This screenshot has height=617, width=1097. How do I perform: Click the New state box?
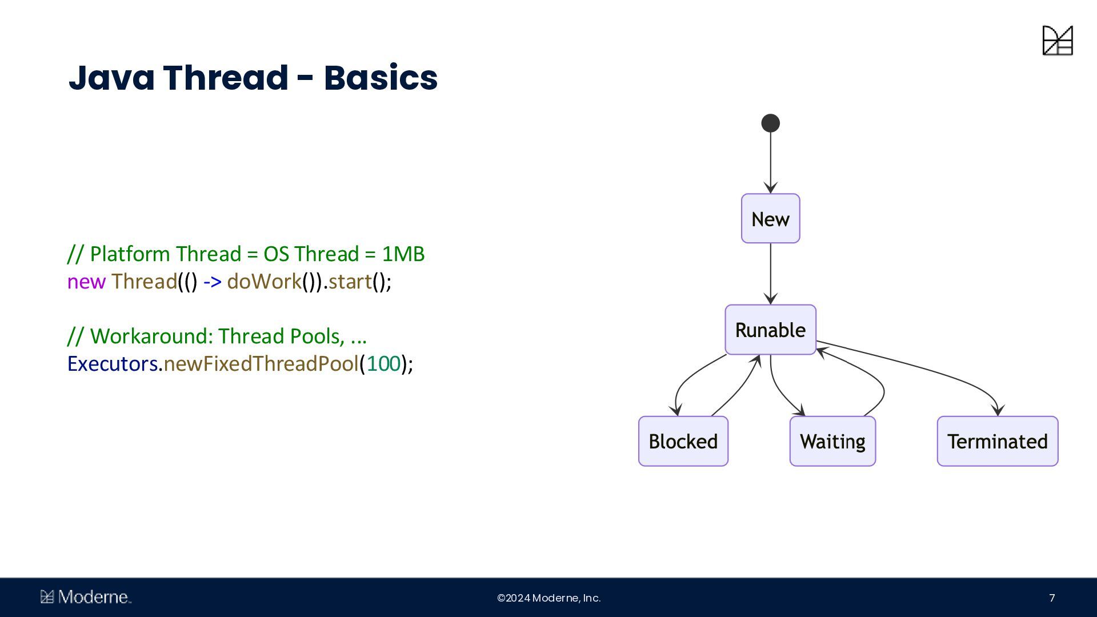click(x=770, y=218)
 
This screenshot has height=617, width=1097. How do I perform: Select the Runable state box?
click(x=770, y=330)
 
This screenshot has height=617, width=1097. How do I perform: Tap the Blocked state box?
click(x=683, y=441)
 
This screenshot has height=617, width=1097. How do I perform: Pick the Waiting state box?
click(x=832, y=441)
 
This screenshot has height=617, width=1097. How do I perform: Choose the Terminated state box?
click(x=997, y=441)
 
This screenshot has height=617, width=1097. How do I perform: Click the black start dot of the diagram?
click(x=770, y=123)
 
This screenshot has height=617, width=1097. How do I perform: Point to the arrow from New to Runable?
click(x=770, y=274)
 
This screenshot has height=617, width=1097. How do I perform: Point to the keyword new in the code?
click(x=86, y=282)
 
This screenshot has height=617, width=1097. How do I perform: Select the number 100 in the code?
click(x=383, y=363)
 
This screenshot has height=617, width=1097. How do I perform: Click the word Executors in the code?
click(x=113, y=363)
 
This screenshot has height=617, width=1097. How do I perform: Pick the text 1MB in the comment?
click(x=403, y=254)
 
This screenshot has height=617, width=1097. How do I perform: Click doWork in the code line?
click(x=264, y=282)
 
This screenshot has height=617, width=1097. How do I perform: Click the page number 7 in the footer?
click(x=1052, y=598)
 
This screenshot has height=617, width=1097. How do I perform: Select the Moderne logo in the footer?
click(x=86, y=597)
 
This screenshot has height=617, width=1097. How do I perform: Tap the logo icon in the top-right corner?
click(x=1058, y=41)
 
